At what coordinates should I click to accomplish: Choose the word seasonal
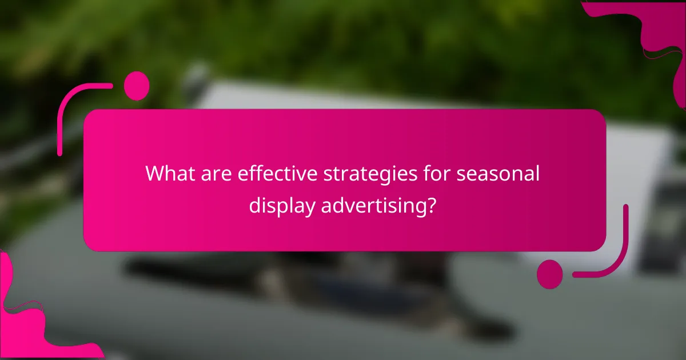(497, 173)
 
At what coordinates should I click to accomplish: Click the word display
(281, 206)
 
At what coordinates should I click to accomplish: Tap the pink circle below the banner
(550, 274)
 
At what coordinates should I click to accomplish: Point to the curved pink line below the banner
(612, 257)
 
